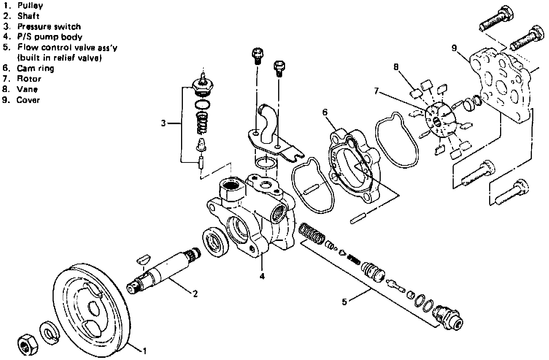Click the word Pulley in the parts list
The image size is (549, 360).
pyautogui.click(x=30, y=5)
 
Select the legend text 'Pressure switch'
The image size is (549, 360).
pyautogui.click(x=49, y=27)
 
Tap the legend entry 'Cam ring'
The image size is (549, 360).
pyautogui.click(x=35, y=68)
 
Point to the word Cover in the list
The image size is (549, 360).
pyautogui.click(x=28, y=100)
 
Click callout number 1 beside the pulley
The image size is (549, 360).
pyautogui.click(x=145, y=351)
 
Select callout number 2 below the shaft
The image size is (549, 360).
pyautogui.click(x=195, y=293)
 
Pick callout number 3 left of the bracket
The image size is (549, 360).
pyautogui.click(x=164, y=123)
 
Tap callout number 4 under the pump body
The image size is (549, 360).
pyautogui.click(x=262, y=276)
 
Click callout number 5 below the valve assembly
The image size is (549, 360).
pyautogui.click(x=344, y=302)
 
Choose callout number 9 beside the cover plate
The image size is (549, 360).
pyautogui.click(x=454, y=48)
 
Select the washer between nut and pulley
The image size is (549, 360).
pyautogui.click(x=47, y=332)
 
